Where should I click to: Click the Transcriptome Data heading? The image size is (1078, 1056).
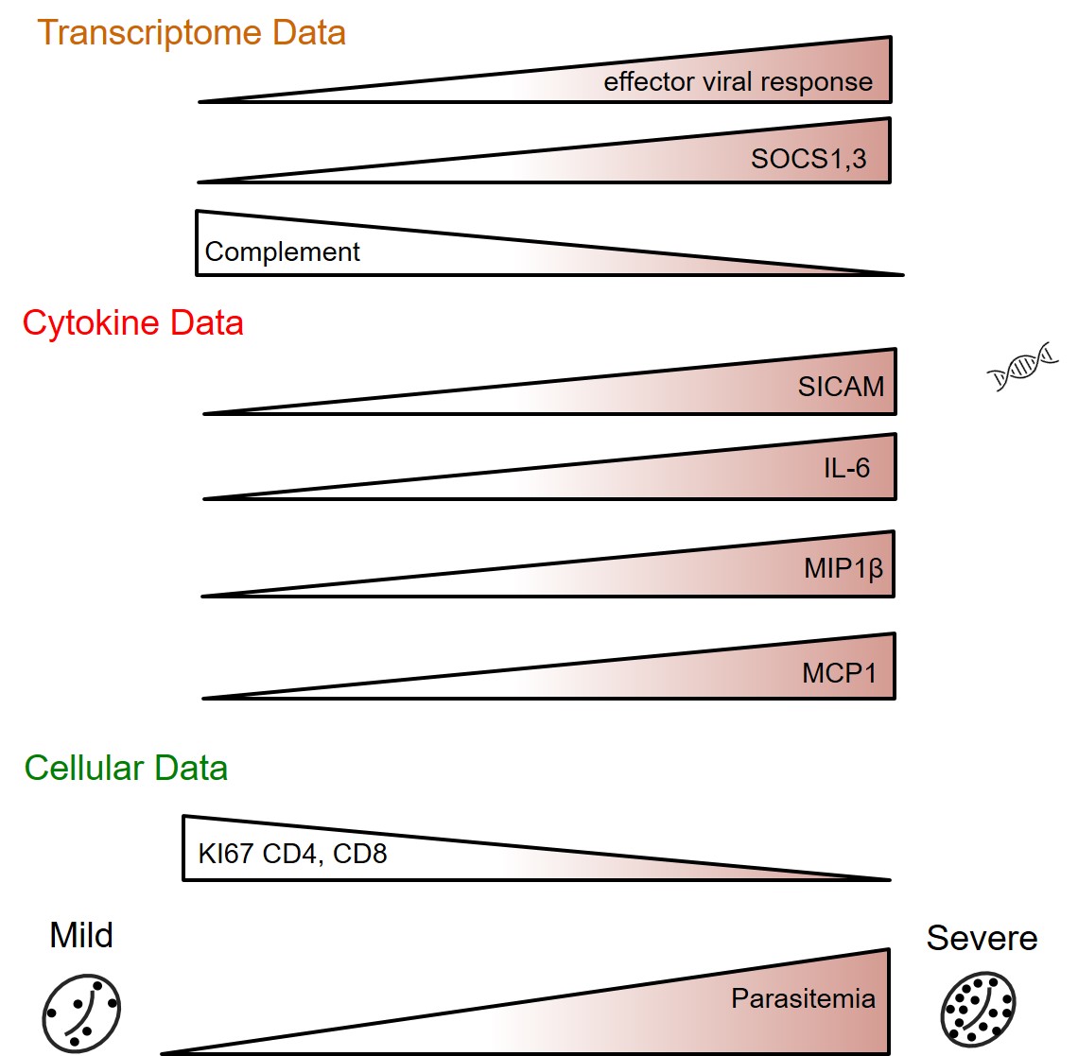click(x=191, y=33)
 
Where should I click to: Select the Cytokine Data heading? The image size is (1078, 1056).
click(x=132, y=323)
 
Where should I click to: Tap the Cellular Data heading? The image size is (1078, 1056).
click(x=126, y=768)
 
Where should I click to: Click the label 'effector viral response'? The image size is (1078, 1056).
click(x=738, y=82)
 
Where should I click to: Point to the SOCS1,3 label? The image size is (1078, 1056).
click(x=808, y=159)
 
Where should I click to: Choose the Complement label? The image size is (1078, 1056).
click(x=282, y=252)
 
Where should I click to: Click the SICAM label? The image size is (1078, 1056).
click(x=841, y=387)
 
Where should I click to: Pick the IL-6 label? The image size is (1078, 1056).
click(x=846, y=468)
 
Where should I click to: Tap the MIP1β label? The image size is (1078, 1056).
click(x=843, y=569)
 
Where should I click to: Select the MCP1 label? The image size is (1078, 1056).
click(x=840, y=673)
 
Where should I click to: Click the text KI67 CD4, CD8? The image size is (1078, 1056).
click(x=292, y=855)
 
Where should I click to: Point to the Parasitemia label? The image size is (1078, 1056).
click(x=803, y=999)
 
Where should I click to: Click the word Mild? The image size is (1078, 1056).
click(x=81, y=935)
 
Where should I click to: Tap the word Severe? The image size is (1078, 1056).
click(x=982, y=938)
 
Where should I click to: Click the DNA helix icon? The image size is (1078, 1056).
click(x=1022, y=367)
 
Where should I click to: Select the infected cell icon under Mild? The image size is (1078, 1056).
click(x=81, y=1013)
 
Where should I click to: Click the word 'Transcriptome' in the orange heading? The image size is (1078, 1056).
click(x=150, y=33)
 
